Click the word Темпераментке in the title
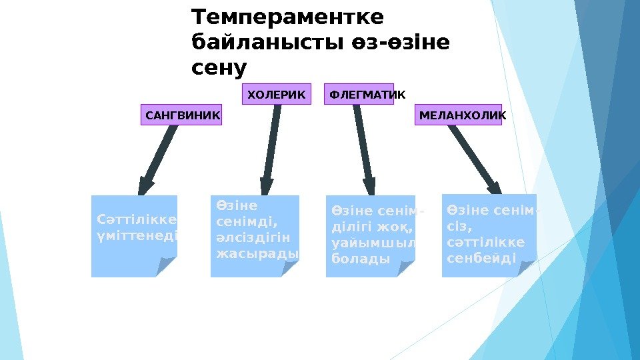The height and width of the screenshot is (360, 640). (x=287, y=16)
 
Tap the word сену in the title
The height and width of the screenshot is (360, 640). (x=219, y=67)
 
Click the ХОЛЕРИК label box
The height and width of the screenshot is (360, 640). (x=276, y=95)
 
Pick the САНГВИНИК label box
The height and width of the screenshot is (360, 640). (x=182, y=115)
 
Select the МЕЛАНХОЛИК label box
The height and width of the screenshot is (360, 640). (x=462, y=115)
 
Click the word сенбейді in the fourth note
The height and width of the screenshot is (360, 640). (x=481, y=257)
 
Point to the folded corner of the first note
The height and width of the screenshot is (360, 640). (x=167, y=267)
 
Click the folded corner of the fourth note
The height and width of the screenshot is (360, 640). (x=526, y=267)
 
